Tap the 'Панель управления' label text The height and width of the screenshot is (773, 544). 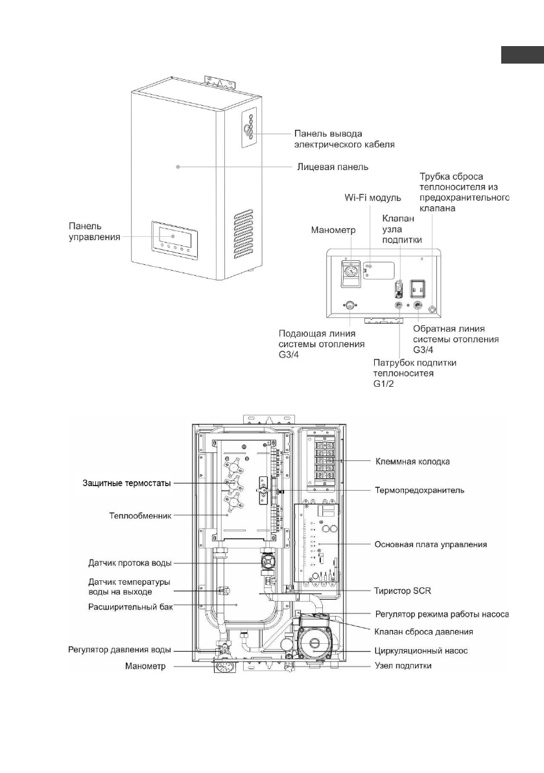pyautogui.click(x=95, y=232)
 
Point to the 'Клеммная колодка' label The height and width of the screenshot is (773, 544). pyautogui.click(x=413, y=461)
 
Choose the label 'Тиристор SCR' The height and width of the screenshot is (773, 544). pyautogui.click(x=403, y=591)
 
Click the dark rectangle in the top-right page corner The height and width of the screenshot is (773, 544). pyautogui.click(x=522, y=55)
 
